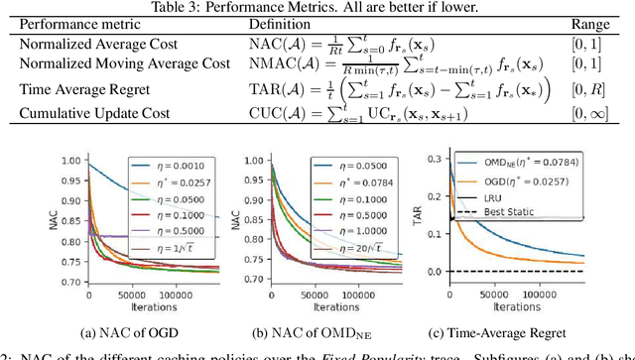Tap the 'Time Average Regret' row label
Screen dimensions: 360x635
click(x=73, y=88)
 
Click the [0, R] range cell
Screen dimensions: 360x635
click(x=591, y=88)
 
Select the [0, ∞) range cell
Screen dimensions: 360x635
click(x=591, y=110)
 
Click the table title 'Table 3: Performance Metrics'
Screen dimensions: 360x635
click(x=317, y=7)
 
